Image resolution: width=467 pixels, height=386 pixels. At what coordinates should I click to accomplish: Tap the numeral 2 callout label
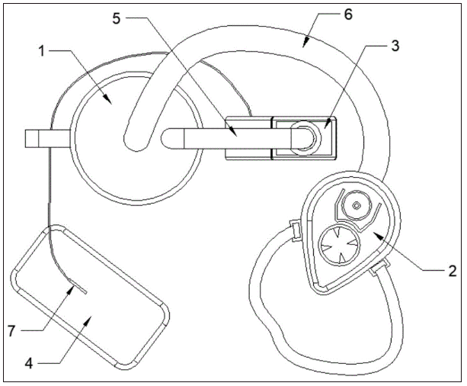pos(451,271)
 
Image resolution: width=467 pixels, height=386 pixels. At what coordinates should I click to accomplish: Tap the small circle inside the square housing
pos(302,138)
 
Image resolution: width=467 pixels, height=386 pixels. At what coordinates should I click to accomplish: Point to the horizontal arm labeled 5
pos(229,138)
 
